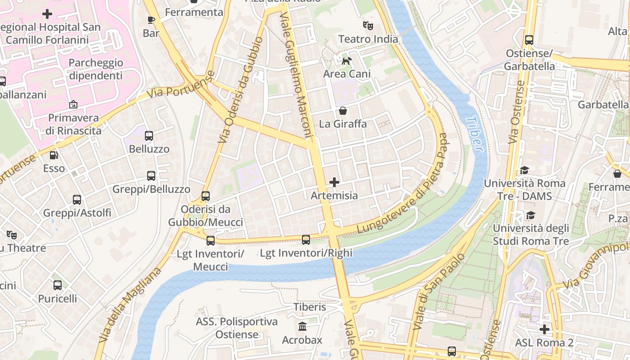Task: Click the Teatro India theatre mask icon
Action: [x=368, y=26]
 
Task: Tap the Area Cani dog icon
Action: [x=346, y=61]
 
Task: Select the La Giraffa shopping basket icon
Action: [x=343, y=111]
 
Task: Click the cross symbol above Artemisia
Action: [x=334, y=182]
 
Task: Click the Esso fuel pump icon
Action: [x=54, y=155]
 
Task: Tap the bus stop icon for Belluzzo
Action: [x=149, y=135]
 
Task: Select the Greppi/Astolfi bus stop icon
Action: [x=77, y=199]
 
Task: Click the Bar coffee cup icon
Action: [x=151, y=20]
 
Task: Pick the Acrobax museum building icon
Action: [x=302, y=326]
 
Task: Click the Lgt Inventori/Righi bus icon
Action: [x=306, y=240]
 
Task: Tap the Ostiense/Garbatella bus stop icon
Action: [x=529, y=40]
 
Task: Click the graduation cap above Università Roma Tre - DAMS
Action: [x=524, y=170]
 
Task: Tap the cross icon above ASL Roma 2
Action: [x=544, y=329]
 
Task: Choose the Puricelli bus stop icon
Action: [x=58, y=285]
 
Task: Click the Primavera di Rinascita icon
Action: [x=73, y=105]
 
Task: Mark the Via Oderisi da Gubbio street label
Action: [x=240, y=90]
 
